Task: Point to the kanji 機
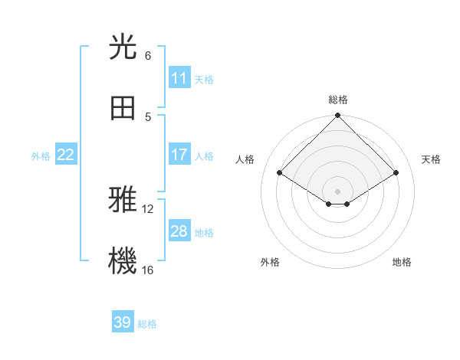(123, 260)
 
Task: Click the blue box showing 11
(179, 78)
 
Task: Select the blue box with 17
(179, 155)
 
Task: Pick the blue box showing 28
(179, 231)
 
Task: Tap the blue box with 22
(66, 155)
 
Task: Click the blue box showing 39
(123, 322)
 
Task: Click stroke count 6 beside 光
(147, 56)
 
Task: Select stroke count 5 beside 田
(147, 116)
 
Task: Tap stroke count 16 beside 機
(148, 270)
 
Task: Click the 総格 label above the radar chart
(338, 100)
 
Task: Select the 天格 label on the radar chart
(431, 159)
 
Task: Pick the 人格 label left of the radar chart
(245, 159)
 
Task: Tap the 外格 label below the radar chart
(269, 262)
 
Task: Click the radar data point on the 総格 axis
(338, 116)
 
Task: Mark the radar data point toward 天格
(396, 173)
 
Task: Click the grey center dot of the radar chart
(338, 191)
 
